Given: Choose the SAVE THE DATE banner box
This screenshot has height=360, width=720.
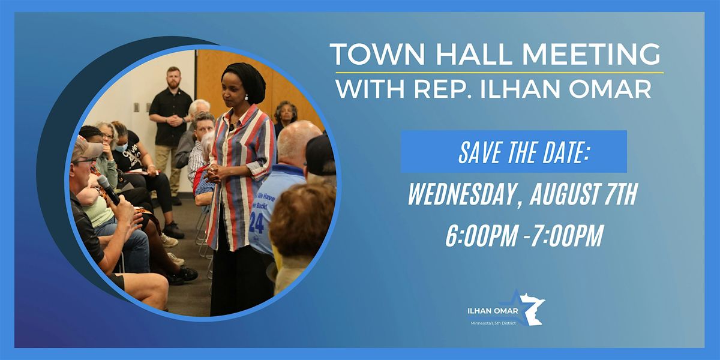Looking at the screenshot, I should [x=514, y=151].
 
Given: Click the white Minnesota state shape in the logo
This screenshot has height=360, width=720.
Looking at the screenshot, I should [x=531, y=308].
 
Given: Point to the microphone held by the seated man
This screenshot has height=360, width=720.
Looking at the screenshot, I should [x=108, y=188].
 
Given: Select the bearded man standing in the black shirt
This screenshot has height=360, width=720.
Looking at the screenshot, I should [x=171, y=120].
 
